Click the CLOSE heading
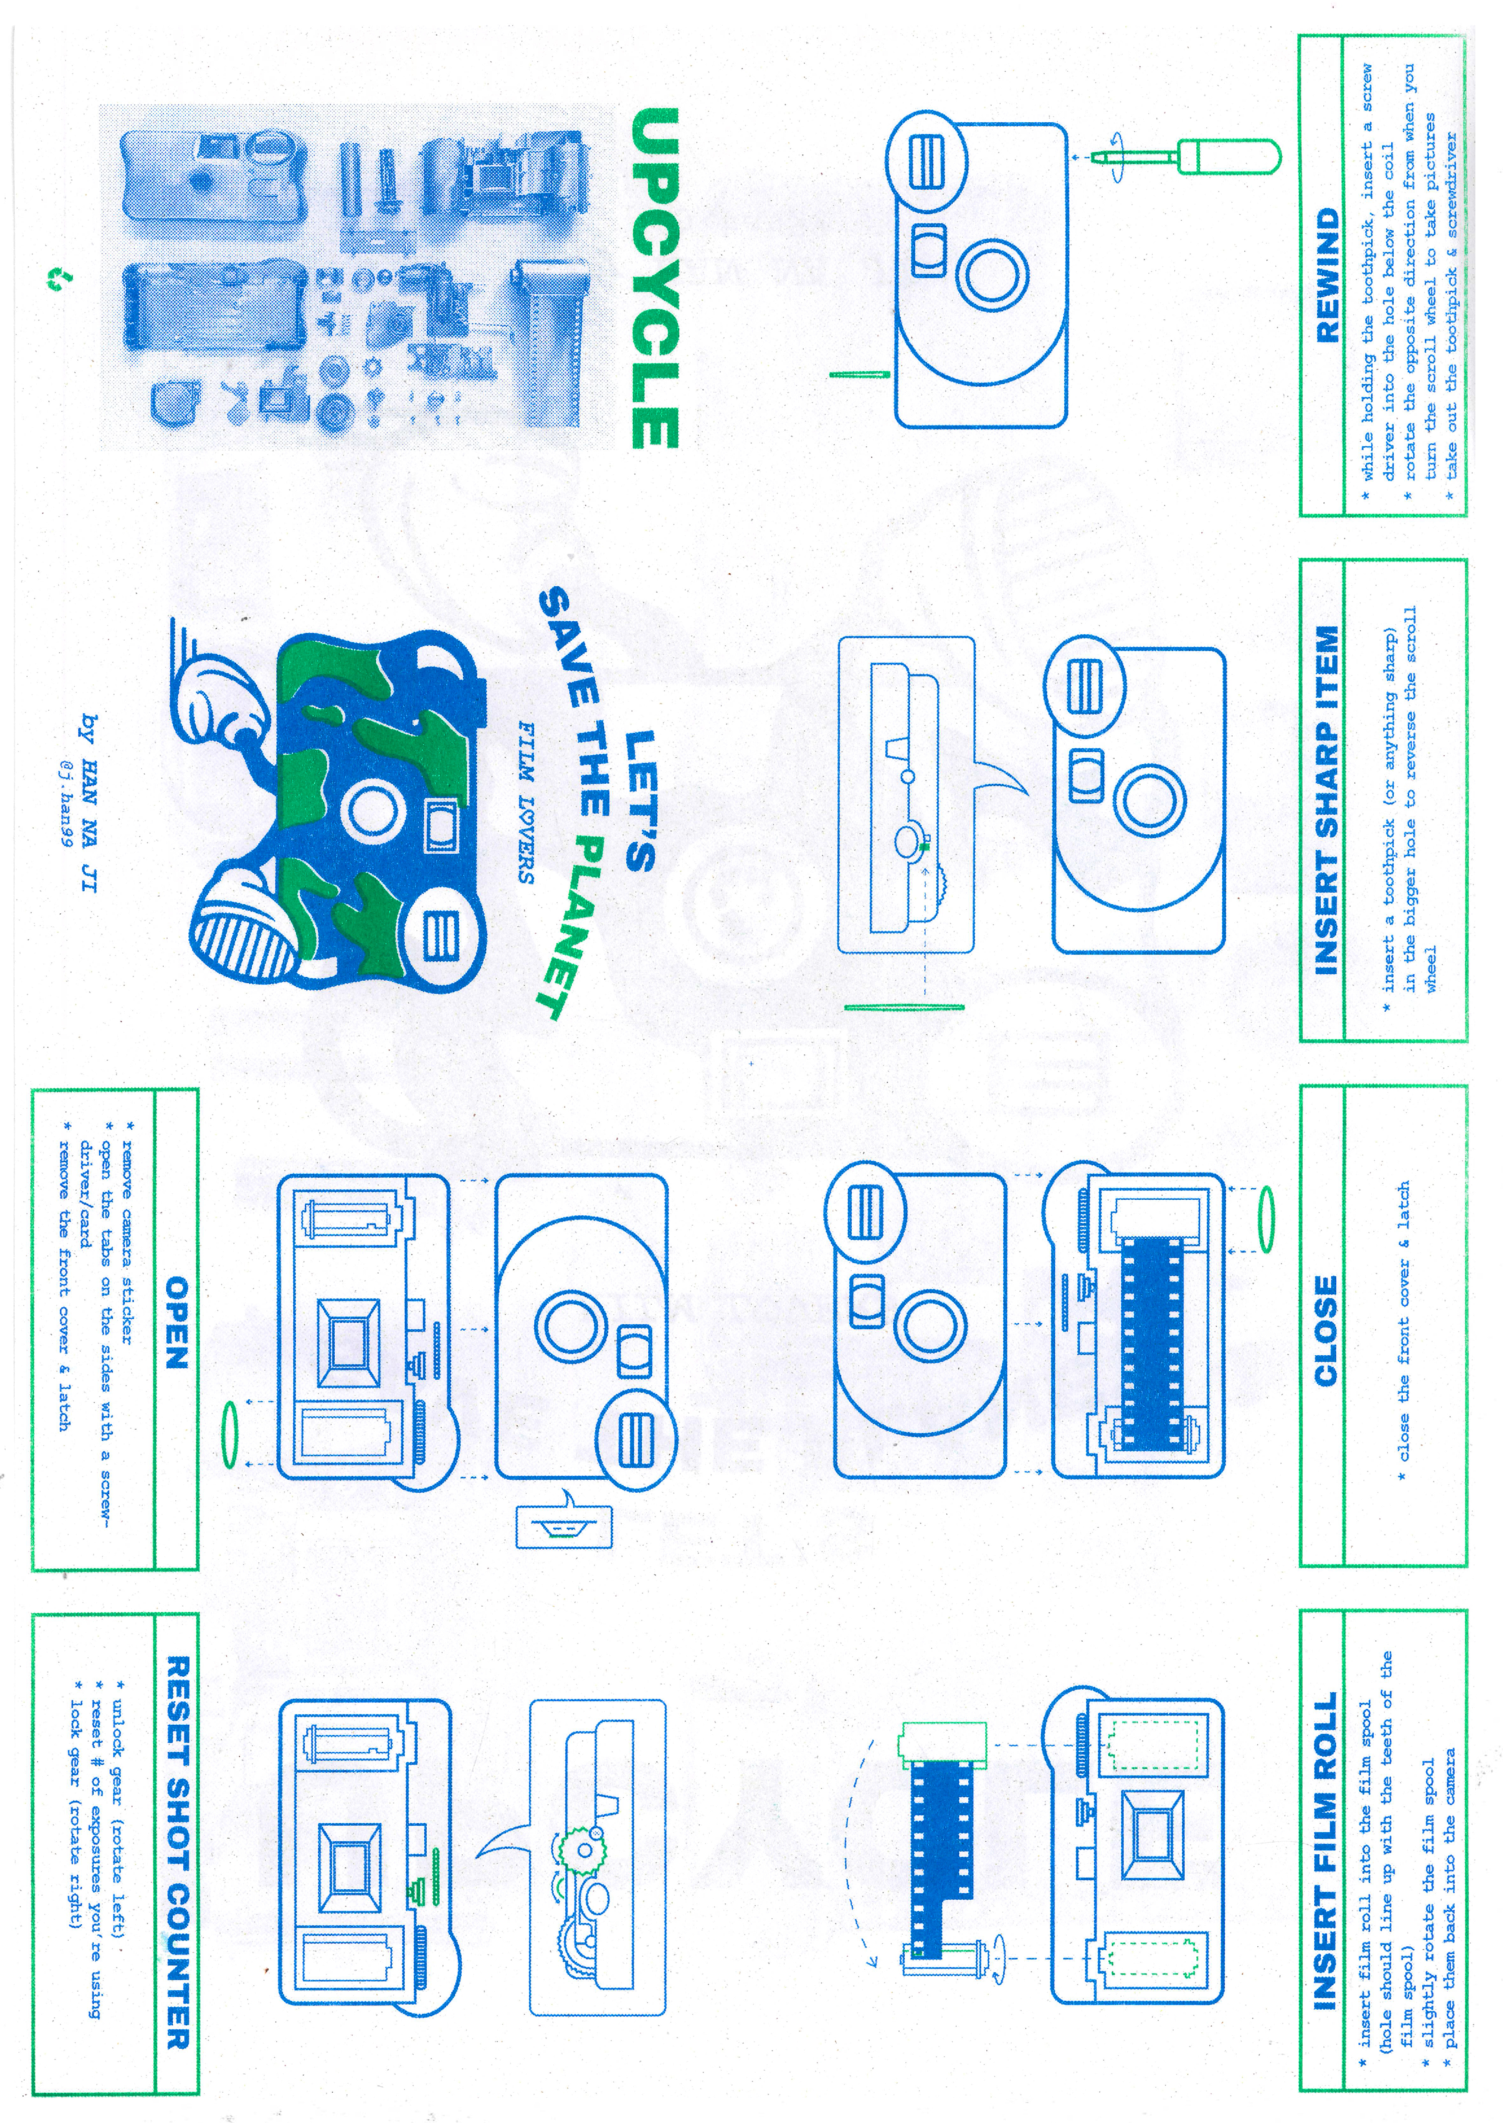pos(1326,1331)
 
